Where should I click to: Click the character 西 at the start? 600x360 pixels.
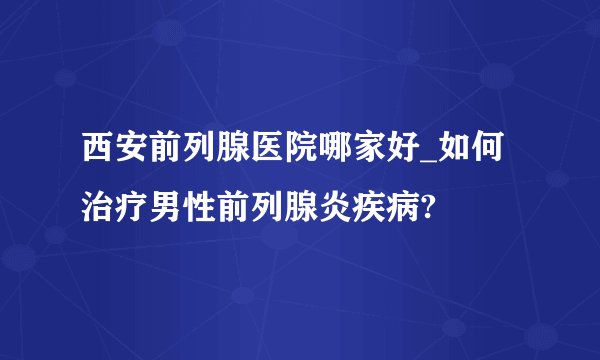[98, 157]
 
